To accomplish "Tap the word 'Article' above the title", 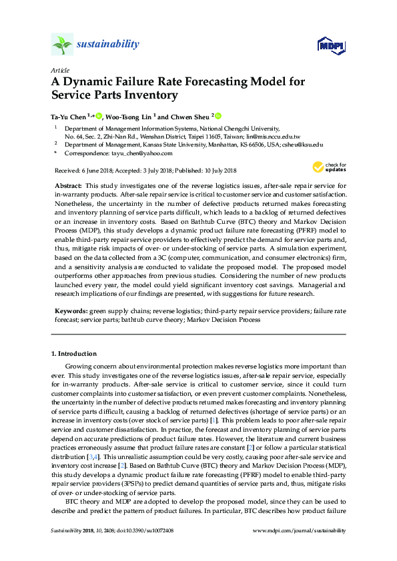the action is [x=59, y=69].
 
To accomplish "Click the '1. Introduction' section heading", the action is [x=74, y=352].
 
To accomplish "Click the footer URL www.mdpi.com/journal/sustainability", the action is [x=300, y=530].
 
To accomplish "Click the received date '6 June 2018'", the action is [x=98, y=171].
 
